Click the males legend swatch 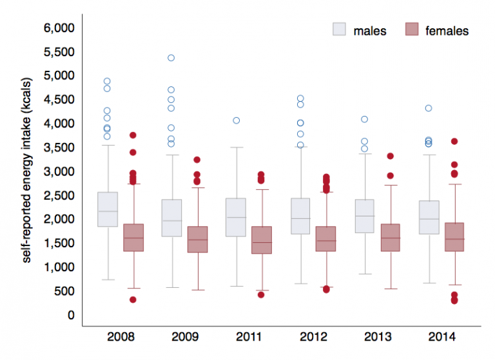point(339,30)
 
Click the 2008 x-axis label point(121,337)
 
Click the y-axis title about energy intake point(27,174)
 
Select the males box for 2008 point(108,209)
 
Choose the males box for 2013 point(365,216)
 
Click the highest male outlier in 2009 point(171,58)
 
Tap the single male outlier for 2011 point(236,120)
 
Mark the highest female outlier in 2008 point(133,135)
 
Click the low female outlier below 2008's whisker point(133,299)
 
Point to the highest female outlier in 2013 point(390,156)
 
